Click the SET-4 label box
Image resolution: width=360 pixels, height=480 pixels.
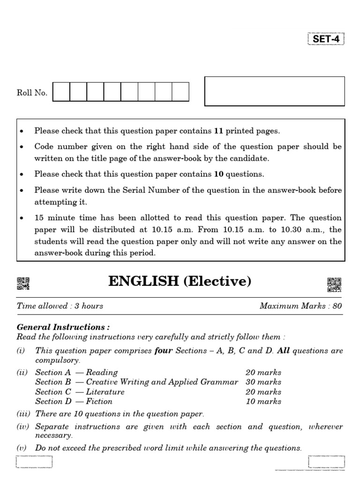pos(326,39)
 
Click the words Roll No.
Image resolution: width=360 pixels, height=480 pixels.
pos(32,93)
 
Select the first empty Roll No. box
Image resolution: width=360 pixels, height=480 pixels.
pos(61,92)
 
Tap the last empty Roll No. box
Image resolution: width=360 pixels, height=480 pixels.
pos(180,92)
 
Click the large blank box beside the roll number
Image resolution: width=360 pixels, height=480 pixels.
pos(275,91)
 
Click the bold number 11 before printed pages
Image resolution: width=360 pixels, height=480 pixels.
pos(219,131)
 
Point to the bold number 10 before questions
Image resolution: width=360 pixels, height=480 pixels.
pos(218,174)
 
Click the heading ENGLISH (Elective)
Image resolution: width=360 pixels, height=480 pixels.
pos(180,281)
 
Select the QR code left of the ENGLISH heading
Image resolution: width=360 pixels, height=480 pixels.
pos(23,284)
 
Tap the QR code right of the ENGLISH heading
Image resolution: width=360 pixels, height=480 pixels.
pos(334,285)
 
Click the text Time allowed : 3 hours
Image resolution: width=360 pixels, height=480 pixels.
pos(60,306)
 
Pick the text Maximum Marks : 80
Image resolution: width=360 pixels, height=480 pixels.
pos(300,306)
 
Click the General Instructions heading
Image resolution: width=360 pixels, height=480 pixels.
pos(63,327)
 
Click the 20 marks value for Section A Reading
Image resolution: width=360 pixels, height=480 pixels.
pos(263,373)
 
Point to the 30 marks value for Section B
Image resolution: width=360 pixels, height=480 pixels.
pos(263,382)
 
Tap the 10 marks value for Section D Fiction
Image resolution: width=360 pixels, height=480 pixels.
pos(263,401)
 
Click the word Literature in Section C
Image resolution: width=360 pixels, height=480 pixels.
pos(105,392)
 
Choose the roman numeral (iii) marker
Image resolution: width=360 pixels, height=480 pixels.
pos(24,414)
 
